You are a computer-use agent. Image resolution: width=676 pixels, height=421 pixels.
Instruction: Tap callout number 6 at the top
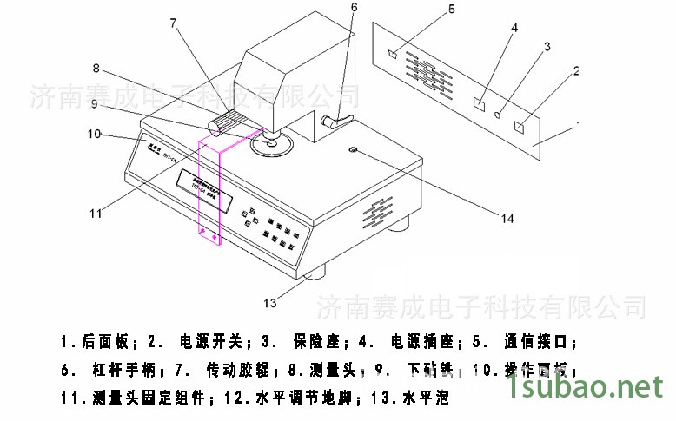tap(354, 8)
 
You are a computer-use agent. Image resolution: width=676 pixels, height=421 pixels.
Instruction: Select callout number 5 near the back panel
tap(452, 10)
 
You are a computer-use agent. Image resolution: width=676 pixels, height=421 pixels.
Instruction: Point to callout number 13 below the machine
tap(270, 303)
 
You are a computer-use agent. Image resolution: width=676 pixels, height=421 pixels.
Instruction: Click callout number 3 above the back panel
tap(547, 45)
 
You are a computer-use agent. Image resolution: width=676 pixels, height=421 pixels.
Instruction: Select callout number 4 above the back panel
tap(514, 28)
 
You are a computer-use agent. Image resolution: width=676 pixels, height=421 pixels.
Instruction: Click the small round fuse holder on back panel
tap(498, 114)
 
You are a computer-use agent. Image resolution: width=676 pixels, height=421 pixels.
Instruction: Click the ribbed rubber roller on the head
tap(229, 123)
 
